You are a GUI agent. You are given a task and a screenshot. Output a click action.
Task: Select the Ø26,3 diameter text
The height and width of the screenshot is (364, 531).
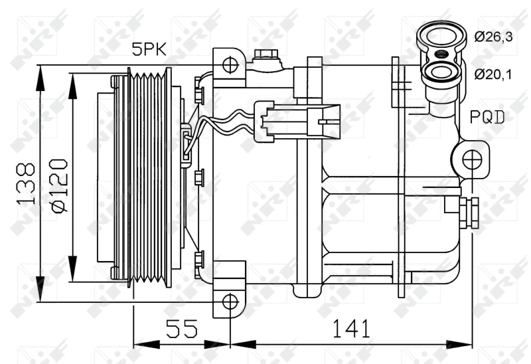pos(493,37)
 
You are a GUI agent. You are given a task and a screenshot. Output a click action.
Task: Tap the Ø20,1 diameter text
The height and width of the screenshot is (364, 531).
pos(493,74)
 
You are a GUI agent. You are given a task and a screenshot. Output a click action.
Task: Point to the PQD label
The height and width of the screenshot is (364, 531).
pos(488,118)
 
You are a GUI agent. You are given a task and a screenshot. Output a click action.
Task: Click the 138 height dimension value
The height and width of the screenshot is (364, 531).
pos(27,184)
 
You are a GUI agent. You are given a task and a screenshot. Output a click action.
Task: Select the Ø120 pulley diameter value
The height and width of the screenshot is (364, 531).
pos(58,185)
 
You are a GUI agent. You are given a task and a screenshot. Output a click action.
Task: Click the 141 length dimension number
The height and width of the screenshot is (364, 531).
pos(350,327)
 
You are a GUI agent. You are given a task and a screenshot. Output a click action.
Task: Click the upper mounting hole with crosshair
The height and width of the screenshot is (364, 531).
pos(230,64)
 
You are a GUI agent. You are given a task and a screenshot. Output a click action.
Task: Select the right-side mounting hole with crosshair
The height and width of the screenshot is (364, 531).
pos(472,159)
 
